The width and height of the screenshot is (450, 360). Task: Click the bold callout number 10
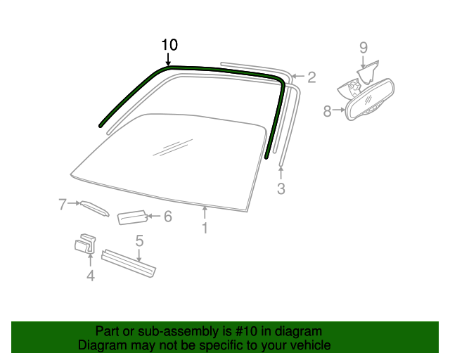pos(169,45)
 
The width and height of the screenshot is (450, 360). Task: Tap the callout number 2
pos(311,77)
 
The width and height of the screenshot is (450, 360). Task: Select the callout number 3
pos(281,188)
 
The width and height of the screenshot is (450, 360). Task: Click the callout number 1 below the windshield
pos(205,228)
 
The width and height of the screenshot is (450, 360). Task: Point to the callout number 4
pos(91,276)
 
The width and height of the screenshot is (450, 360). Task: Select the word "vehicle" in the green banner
pos(311,345)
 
